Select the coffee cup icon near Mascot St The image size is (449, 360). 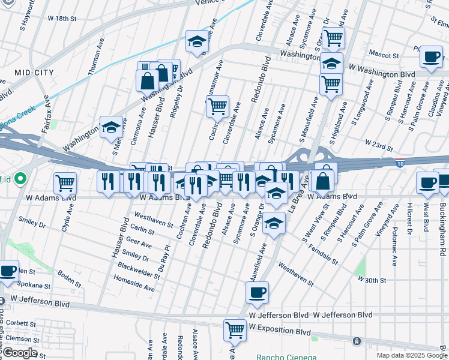(x=430, y=58)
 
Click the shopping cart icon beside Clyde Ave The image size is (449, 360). (x=65, y=183)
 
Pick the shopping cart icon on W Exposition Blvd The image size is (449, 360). (x=235, y=329)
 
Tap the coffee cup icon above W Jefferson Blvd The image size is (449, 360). (x=257, y=293)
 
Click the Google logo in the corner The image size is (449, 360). (x=20, y=353)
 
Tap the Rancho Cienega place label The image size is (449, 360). (x=286, y=356)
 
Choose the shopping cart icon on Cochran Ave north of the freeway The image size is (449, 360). (x=217, y=107)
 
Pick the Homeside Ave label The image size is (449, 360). (x=134, y=283)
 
